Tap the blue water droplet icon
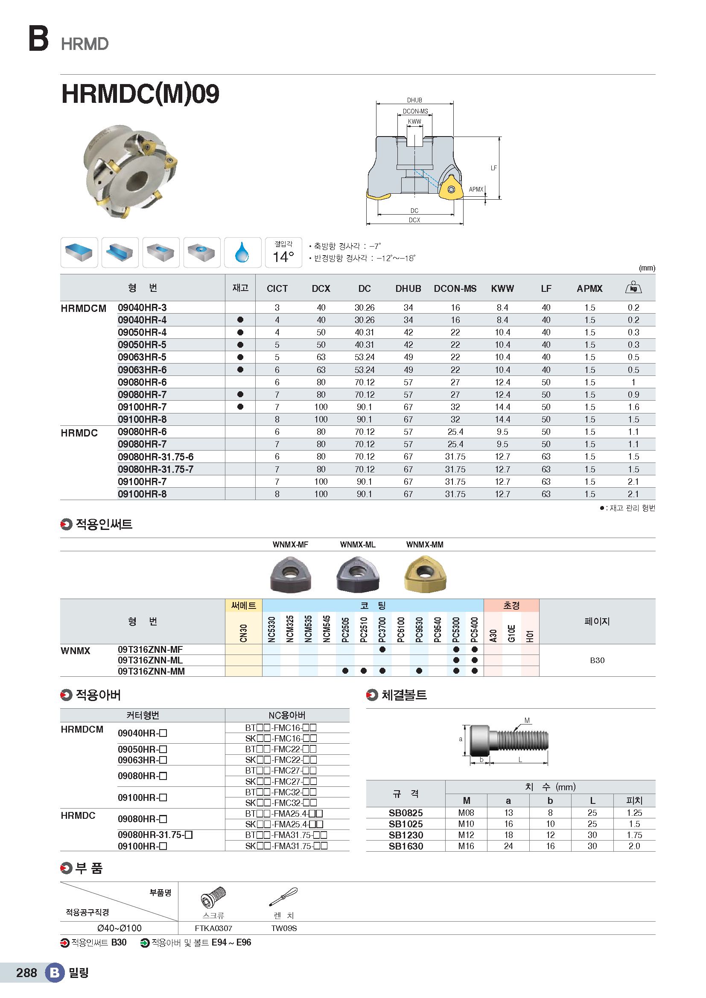242,252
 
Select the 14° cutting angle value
283,256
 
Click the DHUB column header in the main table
408,288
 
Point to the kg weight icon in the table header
633,287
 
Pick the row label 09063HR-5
142,357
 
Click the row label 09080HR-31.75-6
156,457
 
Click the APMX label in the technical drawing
476,189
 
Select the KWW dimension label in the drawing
414,121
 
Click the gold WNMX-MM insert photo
425,575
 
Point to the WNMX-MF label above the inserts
290,544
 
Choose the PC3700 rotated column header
382,629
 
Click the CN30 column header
243,632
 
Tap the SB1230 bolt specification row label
406,835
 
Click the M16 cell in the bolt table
466,846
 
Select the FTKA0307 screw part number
213,928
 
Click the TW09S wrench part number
284,928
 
